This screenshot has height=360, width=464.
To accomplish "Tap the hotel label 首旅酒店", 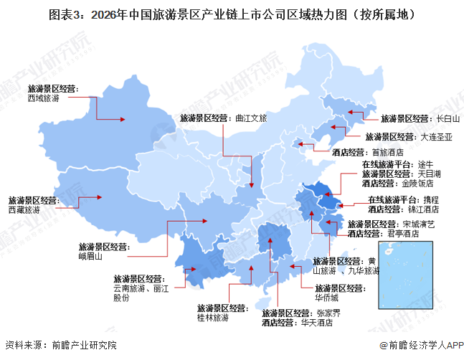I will pos(387,152).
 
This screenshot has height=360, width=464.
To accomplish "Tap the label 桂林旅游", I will pos(212,316).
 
